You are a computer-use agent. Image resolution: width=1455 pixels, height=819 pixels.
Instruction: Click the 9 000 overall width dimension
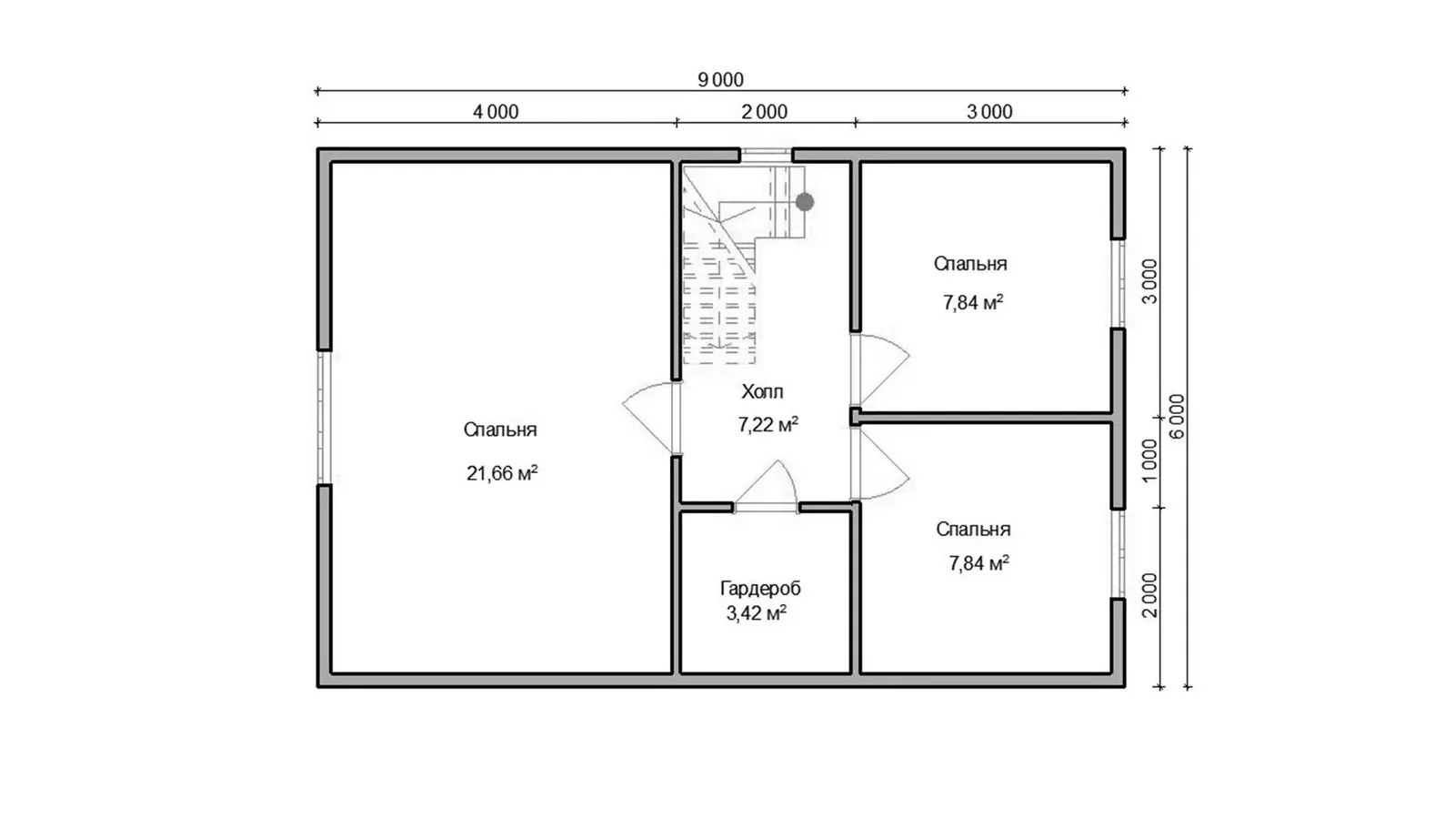coord(720,80)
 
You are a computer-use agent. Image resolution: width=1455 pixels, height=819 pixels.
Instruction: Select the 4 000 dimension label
coord(496,112)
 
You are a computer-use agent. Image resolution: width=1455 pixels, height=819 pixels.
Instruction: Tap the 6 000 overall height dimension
coord(1177,416)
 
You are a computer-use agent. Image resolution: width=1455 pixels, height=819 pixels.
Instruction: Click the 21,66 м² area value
coord(501,472)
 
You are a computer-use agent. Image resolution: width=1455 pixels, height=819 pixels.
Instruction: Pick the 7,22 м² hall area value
coord(768,424)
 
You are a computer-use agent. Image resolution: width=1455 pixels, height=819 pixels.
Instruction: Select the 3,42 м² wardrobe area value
coord(756,613)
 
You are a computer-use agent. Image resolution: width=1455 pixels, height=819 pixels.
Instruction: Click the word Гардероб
coord(760,588)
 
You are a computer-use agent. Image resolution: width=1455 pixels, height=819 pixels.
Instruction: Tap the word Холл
coord(763,391)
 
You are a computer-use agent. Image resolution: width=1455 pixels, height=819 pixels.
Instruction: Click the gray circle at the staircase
coord(805,202)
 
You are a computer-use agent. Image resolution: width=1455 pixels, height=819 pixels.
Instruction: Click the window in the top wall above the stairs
coord(767,156)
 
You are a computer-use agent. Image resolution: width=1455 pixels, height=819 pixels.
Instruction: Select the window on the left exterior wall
coord(324,418)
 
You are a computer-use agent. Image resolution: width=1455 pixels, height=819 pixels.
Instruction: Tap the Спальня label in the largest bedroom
coord(500,430)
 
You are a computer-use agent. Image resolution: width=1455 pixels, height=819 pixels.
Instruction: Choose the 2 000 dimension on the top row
coord(765,112)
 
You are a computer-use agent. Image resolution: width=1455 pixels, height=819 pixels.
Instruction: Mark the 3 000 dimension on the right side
coord(1149,281)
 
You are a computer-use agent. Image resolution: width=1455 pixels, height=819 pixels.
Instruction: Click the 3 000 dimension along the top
coord(989,112)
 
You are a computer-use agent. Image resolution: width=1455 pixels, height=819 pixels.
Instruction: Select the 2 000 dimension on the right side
coord(1149,595)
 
